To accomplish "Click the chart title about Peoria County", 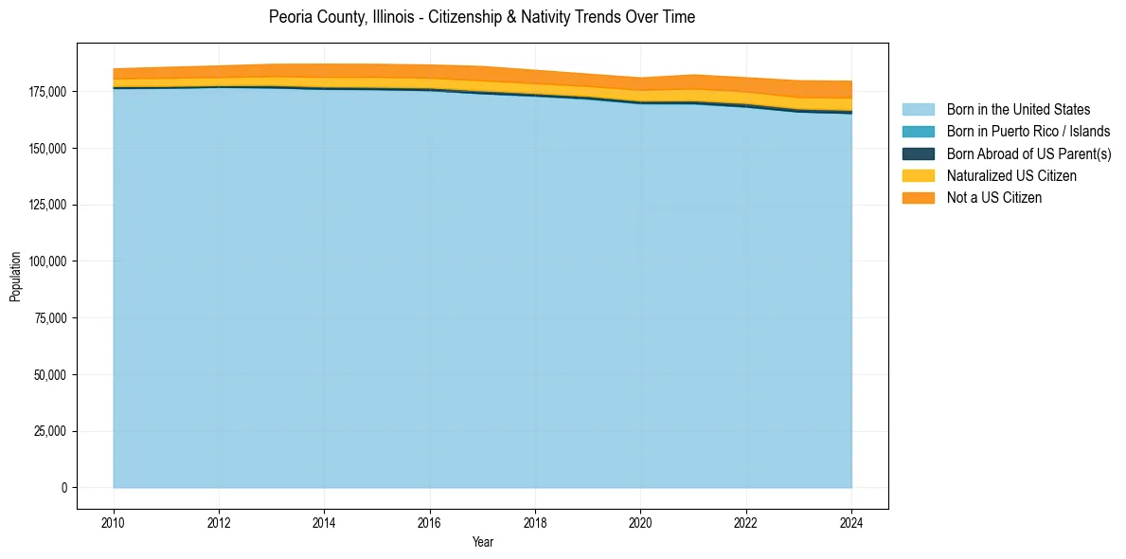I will pos(481,17).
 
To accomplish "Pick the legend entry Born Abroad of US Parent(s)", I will pos(1028,153).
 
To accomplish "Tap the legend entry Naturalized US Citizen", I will pos(1011,176).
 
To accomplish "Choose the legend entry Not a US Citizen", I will pos(993,198).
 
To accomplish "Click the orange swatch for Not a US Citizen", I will pos(918,198).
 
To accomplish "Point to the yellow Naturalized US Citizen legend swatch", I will pos(918,176).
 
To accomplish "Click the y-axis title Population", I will pos(15,277).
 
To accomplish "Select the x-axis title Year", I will pos(482,543).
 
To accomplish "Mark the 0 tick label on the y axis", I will pos(64,488).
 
